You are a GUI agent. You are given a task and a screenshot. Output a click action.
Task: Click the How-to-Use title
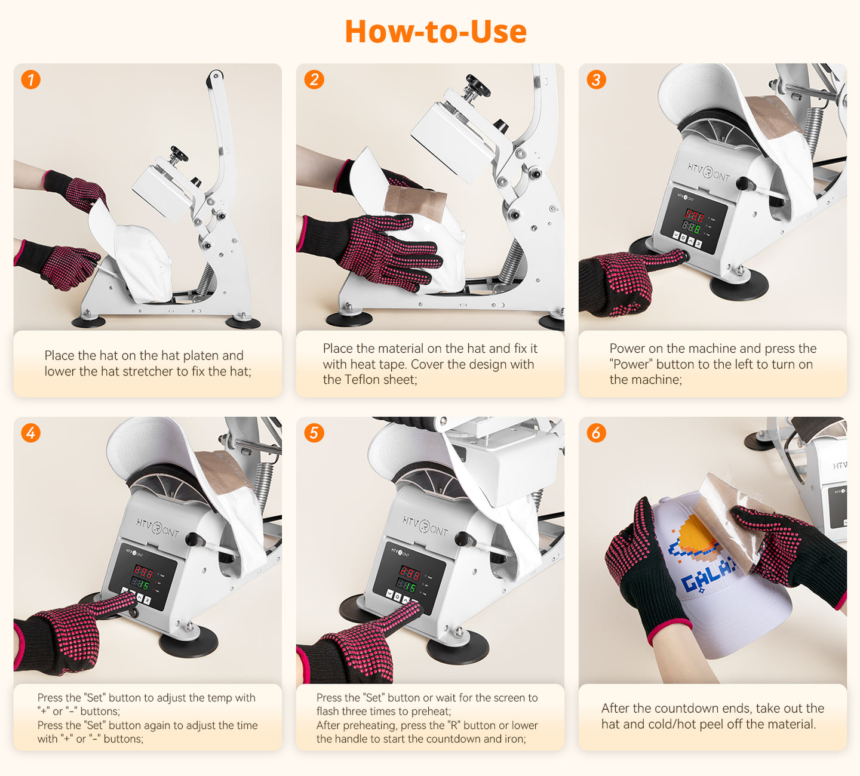pyautogui.click(x=435, y=32)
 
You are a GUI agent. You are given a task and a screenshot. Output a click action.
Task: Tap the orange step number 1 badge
pyautogui.click(x=31, y=80)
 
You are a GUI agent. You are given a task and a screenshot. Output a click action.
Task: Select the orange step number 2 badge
pyautogui.click(x=314, y=80)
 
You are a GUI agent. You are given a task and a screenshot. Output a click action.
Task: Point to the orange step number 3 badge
pyautogui.click(x=597, y=80)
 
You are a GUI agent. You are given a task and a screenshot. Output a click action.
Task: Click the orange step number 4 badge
pyautogui.click(x=31, y=433)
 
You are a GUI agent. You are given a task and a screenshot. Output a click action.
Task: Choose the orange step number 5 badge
pyautogui.click(x=314, y=433)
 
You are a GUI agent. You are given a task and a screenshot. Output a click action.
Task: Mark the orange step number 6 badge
pyautogui.click(x=597, y=433)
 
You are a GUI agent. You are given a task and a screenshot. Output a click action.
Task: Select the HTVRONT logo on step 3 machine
pyautogui.click(x=709, y=172)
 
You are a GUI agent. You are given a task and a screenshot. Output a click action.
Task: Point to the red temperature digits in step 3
pyautogui.click(x=695, y=215)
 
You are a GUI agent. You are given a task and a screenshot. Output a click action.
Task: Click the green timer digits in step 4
pyautogui.click(x=140, y=584)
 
